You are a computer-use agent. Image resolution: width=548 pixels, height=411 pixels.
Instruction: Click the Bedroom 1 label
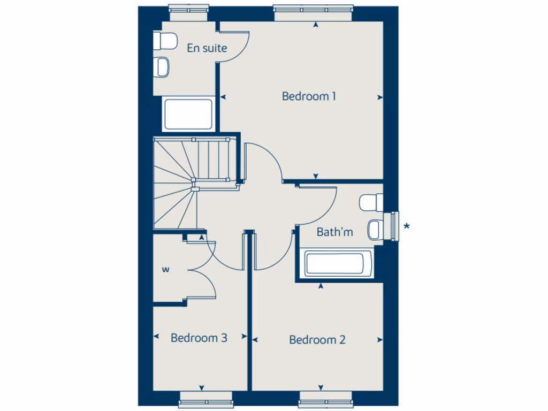[309, 96]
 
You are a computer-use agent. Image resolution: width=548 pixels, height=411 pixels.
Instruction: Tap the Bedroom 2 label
[317, 340]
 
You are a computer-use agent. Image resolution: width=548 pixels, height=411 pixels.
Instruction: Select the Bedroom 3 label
[199, 338]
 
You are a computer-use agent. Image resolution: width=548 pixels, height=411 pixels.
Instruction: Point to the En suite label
[207, 48]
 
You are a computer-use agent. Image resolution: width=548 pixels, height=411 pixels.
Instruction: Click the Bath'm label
[335, 232]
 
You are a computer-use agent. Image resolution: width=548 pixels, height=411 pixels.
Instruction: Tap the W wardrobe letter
[165, 270]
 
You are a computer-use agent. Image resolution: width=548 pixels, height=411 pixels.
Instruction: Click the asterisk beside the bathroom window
[407, 226]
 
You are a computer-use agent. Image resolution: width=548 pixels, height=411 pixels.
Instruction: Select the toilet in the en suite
[166, 40]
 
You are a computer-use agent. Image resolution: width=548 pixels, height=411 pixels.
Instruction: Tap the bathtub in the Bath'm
[334, 264]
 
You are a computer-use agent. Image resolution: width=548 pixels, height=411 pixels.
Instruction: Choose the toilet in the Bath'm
[371, 203]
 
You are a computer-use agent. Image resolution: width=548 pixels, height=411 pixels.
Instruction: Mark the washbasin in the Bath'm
[375, 230]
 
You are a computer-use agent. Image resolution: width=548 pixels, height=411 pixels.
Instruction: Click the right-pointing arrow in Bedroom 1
[380, 97]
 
